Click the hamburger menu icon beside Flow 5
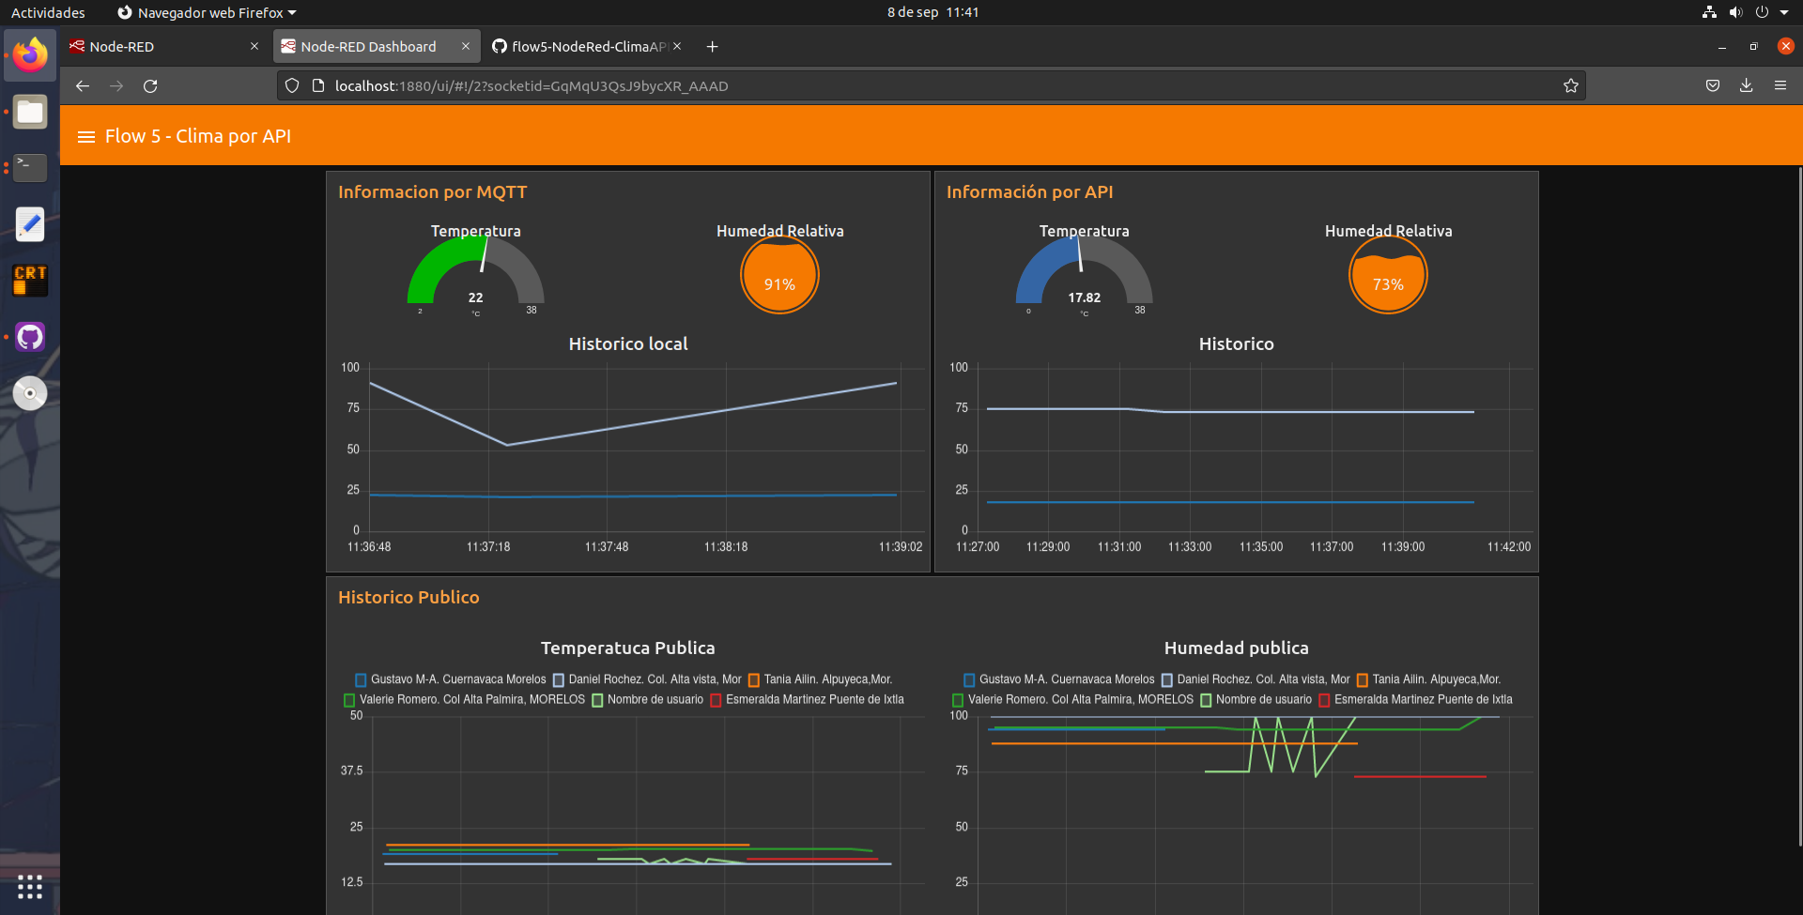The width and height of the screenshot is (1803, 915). coord(86,137)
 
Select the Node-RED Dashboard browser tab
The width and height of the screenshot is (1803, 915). coord(368,46)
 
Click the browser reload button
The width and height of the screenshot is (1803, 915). coord(150,86)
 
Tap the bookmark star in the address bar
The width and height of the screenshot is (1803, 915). coord(1570,86)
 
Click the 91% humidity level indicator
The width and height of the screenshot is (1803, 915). coord(779,276)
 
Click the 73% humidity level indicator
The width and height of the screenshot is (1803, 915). coord(1388,276)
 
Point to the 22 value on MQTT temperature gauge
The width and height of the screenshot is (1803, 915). coord(476,297)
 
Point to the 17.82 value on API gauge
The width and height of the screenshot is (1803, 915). coord(1084,297)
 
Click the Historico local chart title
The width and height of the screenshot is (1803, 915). coord(628,344)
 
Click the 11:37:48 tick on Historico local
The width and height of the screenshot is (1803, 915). coord(607,547)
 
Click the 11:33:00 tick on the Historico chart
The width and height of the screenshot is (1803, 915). coord(1190,547)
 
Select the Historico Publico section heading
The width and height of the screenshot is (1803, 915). coord(408,598)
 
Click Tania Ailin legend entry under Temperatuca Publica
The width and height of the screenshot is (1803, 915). coord(826,679)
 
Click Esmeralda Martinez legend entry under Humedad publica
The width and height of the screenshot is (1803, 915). coord(1422,700)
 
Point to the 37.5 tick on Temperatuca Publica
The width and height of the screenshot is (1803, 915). coord(351,770)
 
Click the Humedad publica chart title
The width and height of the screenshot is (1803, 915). coord(1236,648)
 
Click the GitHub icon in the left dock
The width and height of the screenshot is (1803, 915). coord(30,337)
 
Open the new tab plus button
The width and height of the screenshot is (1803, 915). coord(712,47)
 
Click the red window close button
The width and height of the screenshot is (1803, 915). coord(1785,46)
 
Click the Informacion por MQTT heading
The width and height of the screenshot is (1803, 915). coord(433,192)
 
